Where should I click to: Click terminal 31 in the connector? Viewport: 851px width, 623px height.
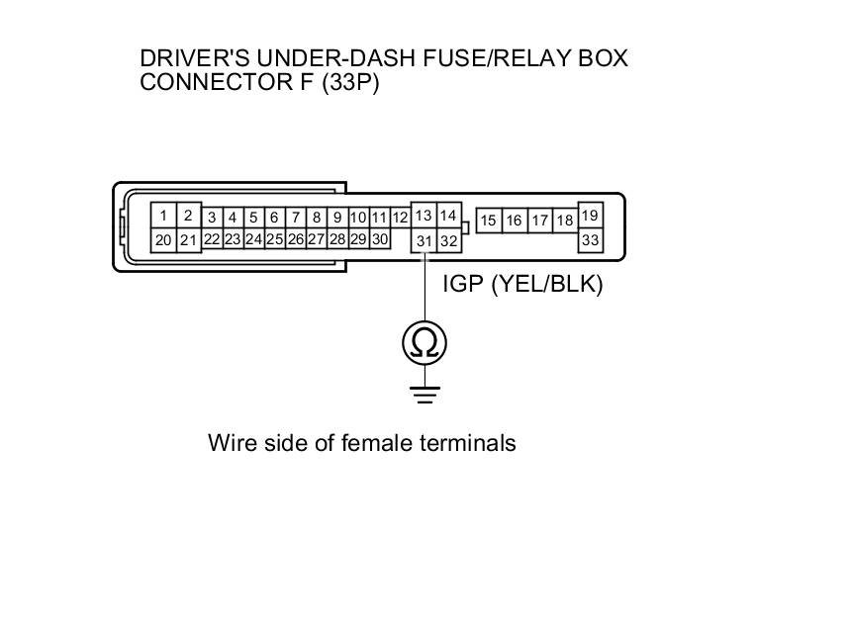[424, 240]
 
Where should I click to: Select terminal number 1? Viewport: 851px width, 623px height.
[163, 215]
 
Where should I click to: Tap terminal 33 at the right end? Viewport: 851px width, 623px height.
[591, 240]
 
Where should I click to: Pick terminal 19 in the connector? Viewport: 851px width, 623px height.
[591, 216]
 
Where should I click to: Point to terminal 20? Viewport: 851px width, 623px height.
[163, 239]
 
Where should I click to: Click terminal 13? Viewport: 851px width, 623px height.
[424, 216]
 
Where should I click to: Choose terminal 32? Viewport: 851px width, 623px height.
[448, 240]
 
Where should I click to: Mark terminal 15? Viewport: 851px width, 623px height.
[489, 221]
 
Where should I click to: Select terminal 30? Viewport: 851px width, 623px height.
[379, 239]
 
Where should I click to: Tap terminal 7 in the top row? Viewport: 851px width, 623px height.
[295, 218]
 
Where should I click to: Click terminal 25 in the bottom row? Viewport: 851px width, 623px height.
[274, 239]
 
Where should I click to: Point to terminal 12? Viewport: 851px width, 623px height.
[400, 218]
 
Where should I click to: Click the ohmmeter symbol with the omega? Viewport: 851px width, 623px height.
[425, 343]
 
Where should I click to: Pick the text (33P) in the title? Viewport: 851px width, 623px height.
[345, 82]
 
